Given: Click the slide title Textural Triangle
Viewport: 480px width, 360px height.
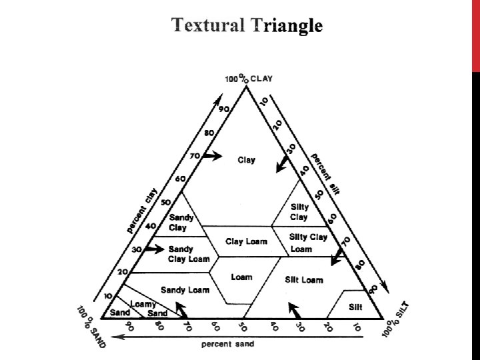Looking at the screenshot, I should [247, 25].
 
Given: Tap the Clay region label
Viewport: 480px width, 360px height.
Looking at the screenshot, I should [246, 160].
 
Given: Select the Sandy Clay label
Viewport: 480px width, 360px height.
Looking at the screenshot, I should [181, 223].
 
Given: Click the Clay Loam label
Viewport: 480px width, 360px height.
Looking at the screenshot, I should [246, 241].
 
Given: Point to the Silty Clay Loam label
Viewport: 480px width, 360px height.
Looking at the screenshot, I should [309, 243].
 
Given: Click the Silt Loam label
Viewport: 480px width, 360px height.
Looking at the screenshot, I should [303, 280].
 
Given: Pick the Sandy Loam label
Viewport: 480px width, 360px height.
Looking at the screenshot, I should [185, 289].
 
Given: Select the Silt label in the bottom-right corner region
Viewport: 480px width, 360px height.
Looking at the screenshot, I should [355, 307].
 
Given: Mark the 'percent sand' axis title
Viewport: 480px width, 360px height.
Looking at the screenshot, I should [227, 345].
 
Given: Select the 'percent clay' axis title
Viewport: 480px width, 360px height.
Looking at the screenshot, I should [143, 210].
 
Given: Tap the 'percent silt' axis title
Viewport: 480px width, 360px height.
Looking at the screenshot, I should [325, 171].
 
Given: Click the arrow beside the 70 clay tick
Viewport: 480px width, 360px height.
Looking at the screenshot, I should [212, 155].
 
